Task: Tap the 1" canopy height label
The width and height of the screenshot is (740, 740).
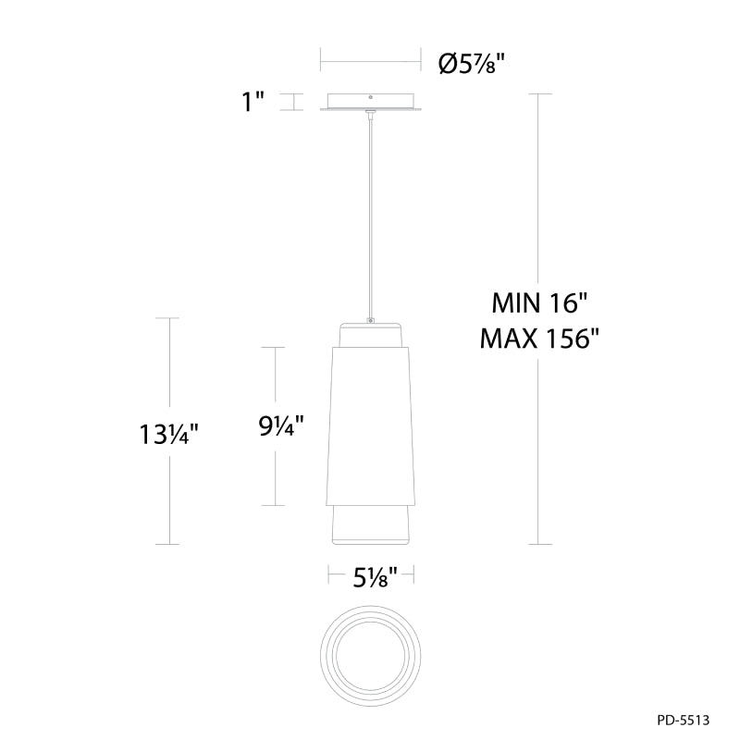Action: coord(253,102)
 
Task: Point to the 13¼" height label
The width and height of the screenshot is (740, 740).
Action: coord(167,434)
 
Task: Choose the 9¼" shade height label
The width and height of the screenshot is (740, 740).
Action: coord(280,425)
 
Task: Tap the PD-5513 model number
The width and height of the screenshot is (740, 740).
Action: coord(683,721)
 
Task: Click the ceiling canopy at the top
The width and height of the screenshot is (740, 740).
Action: coord(371,103)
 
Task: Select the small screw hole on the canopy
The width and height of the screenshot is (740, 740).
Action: coord(371,97)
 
